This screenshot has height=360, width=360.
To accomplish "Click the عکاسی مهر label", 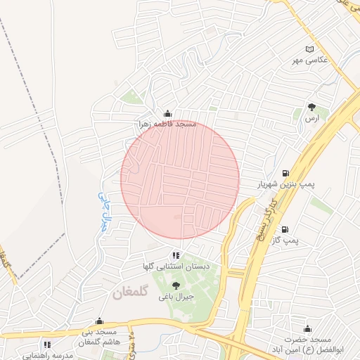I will [x=311, y=60].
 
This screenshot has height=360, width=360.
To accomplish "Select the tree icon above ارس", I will [x=312, y=108].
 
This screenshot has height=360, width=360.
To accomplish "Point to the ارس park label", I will [x=312, y=120].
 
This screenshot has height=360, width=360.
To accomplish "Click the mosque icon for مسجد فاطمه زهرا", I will [x=167, y=112].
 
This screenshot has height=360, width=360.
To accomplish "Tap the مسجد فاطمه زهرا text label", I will [x=167, y=124].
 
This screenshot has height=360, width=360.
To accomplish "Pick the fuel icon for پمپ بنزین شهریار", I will [x=285, y=173].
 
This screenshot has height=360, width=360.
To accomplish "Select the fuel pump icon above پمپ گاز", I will [x=285, y=229].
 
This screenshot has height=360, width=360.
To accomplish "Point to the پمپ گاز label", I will [x=307, y=241].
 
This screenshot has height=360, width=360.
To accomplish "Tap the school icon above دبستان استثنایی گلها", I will [x=175, y=255].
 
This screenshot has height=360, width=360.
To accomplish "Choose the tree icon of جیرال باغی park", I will [x=175, y=285].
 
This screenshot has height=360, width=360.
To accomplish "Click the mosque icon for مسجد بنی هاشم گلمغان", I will [x=99, y=321].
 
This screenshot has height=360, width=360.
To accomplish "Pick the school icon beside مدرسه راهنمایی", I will [x=46, y=345].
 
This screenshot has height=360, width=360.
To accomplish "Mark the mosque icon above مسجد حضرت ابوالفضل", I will [x=307, y=328].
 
